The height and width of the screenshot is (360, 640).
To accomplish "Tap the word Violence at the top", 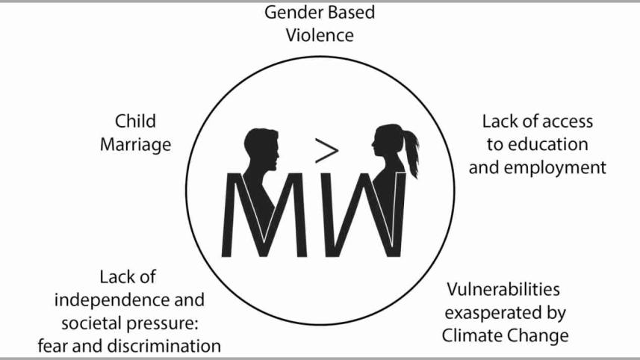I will tap(320, 35).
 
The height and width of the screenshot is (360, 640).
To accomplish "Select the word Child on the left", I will tap(135, 121).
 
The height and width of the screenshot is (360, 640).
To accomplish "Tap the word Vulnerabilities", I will tap(503, 289).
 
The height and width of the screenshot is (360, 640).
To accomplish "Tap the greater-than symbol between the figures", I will tap(326, 152).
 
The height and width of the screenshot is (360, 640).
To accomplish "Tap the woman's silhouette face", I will tap(376, 149).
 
